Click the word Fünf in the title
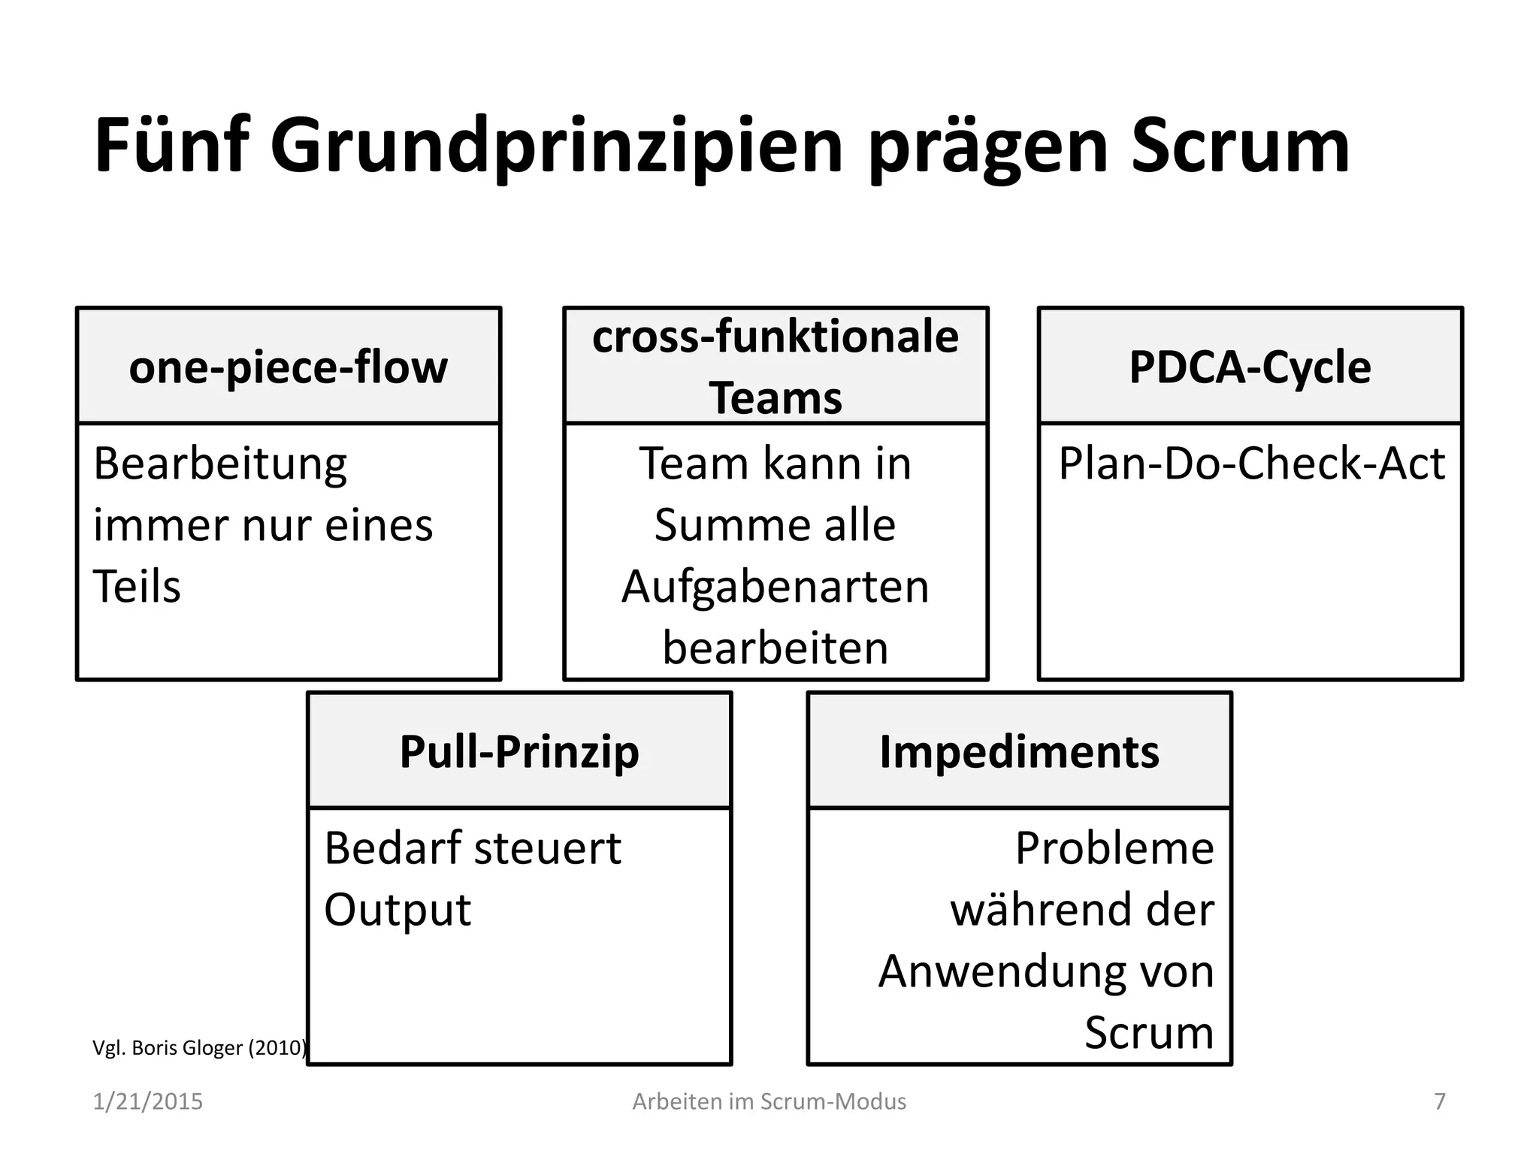171,146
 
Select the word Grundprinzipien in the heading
556,147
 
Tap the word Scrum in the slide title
1240,146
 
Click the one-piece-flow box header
289,367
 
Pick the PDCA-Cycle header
1250,367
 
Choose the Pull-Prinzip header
519,751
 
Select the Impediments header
1019,751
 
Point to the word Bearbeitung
220,464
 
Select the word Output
398,910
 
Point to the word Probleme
1114,848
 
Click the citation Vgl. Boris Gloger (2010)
199,1047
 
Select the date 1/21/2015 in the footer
147,1101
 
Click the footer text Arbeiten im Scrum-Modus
769,1101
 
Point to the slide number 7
1440,1101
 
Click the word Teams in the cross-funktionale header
775,397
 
